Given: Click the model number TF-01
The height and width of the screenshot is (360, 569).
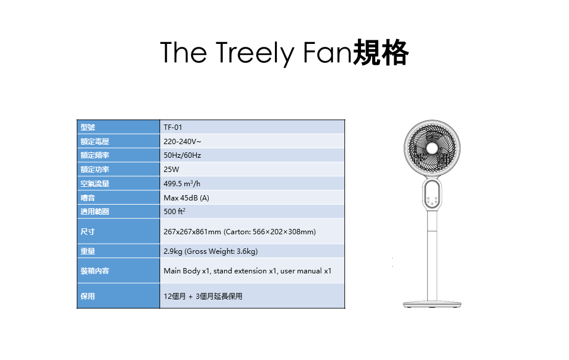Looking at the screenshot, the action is pos(172,128).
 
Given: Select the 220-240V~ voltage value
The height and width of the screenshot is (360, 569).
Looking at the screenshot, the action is pos(182,142).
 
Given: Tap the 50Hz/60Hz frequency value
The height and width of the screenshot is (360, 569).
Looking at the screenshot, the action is pos(182,155).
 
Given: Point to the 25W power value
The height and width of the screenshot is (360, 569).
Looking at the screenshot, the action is pos(171,170).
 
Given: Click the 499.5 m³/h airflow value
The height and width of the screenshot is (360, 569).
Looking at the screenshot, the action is pos(182,183).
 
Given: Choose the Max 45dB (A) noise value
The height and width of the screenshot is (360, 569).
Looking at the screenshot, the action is pos(186,198).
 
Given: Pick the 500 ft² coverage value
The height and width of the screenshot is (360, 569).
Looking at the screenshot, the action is pos(174,211).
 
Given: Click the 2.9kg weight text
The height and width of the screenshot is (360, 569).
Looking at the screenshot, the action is pos(173,251).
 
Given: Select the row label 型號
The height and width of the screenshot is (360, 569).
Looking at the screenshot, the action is pos(88,128).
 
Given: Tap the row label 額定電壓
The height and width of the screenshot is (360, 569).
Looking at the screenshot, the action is pos(95,142).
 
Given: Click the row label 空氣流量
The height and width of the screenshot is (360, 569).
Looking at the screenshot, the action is pos(95,184).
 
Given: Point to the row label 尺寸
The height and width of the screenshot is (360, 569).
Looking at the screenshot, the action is pos(88,232).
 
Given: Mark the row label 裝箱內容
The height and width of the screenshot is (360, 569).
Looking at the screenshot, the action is pos(95,271).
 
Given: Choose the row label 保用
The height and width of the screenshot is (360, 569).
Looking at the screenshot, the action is pos(88,297).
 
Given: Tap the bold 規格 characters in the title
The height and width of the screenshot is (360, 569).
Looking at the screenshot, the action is pos(381,53).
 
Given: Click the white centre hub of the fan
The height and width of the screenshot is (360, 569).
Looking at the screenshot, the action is pos(432,148).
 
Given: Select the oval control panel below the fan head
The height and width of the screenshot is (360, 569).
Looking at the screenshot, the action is pos(432,194).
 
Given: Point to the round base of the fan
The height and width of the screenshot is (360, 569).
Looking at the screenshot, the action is pos(432,304).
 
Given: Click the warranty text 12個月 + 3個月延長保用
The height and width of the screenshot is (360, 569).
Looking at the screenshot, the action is pos(203,297).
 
